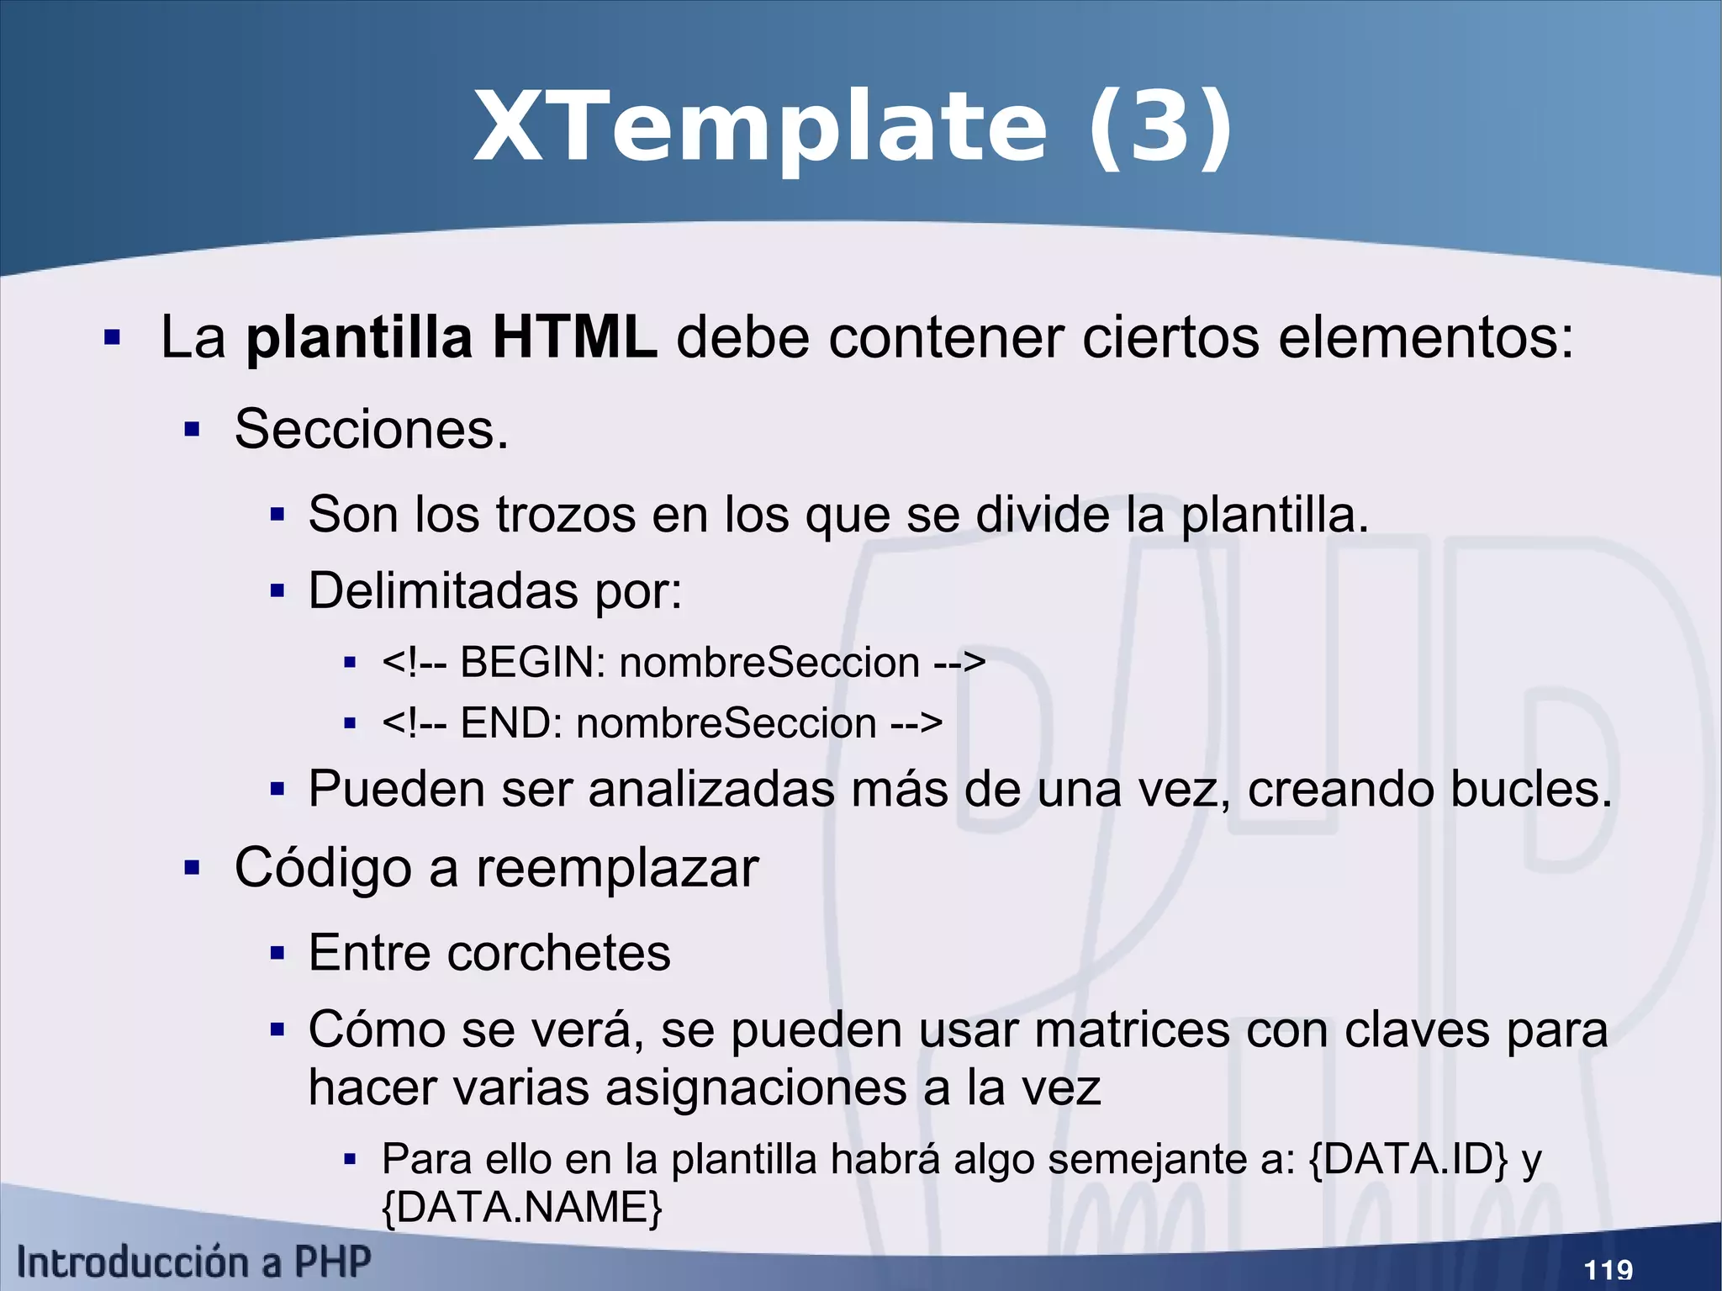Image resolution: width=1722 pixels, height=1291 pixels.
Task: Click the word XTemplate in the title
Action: pos(761,128)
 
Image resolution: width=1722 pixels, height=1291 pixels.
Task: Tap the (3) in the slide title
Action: pos(1160,128)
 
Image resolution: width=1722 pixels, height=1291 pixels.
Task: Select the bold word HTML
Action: pos(574,337)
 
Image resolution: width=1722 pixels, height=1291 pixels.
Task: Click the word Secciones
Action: pos(371,429)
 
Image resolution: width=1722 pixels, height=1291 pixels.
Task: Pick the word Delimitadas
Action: pos(443,590)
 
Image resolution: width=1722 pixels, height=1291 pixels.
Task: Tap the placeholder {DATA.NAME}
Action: pos(522,1208)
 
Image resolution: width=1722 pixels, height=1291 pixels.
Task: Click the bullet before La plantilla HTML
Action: pos(112,338)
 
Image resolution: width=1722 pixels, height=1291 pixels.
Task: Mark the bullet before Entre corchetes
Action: pos(277,954)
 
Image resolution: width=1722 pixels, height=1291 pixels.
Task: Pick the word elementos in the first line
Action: pos(1424,337)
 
